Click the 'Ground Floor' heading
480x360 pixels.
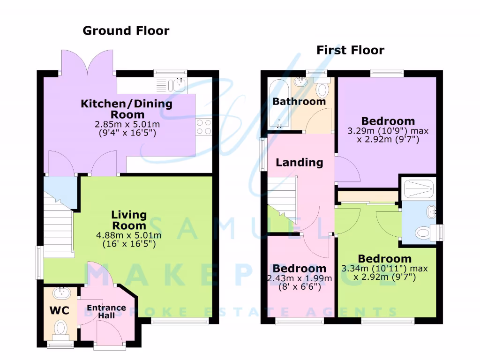click(x=126, y=31)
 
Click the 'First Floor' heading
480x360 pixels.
click(x=350, y=50)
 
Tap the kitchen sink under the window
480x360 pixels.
click(x=178, y=85)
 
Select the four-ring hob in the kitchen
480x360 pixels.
click(x=204, y=127)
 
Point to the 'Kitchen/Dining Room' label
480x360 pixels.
click(x=127, y=109)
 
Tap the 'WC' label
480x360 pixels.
click(x=60, y=310)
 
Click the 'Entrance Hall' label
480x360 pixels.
click(x=106, y=311)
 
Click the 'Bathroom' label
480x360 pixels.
click(x=299, y=101)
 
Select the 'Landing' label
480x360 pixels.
click(x=299, y=163)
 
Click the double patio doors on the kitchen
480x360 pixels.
click(x=87, y=63)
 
